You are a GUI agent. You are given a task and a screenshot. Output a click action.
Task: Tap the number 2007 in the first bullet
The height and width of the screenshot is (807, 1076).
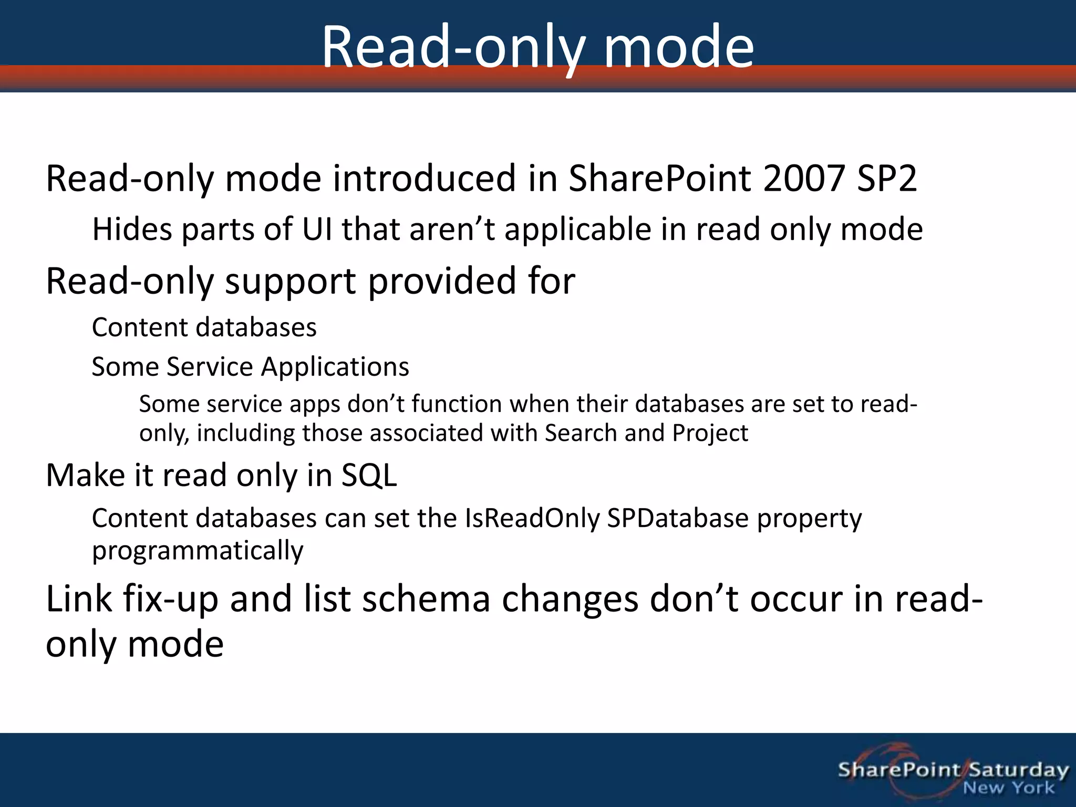tap(803, 179)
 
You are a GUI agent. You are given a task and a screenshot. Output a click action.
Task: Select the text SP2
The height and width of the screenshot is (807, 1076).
tap(887, 179)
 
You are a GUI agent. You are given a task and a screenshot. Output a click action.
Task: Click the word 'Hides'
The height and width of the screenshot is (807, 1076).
tap(132, 230)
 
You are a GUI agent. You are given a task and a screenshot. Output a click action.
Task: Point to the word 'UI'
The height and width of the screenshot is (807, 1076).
tap(317, 230)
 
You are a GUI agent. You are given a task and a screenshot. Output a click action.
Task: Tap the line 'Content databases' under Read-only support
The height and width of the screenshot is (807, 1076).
tap(204, 327)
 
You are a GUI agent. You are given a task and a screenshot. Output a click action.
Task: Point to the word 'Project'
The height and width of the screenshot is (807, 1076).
tap(710, 433)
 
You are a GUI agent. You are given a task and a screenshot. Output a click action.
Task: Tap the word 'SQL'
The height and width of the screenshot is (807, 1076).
tap(369, 475)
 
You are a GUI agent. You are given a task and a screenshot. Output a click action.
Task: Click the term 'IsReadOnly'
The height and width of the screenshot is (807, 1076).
tap(532, 519)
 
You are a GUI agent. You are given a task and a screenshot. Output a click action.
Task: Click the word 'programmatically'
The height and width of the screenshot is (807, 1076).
tap(198, 551)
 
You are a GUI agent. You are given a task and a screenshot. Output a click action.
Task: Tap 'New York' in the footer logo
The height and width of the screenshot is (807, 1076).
tap(1008, 788)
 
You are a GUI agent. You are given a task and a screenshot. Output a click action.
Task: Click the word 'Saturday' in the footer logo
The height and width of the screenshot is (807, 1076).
tap(1019, 770)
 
